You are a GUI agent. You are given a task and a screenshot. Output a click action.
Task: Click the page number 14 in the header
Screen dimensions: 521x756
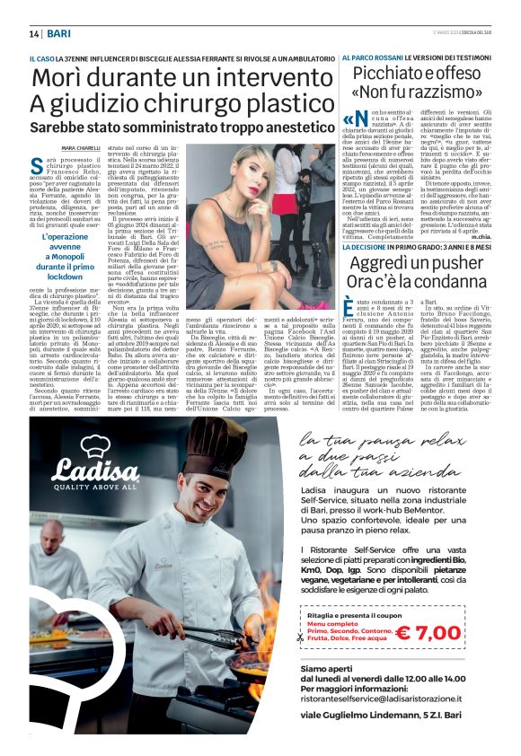click(34, 33)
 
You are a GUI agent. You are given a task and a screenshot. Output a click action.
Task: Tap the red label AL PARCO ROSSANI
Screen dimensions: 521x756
click(371, 57)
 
